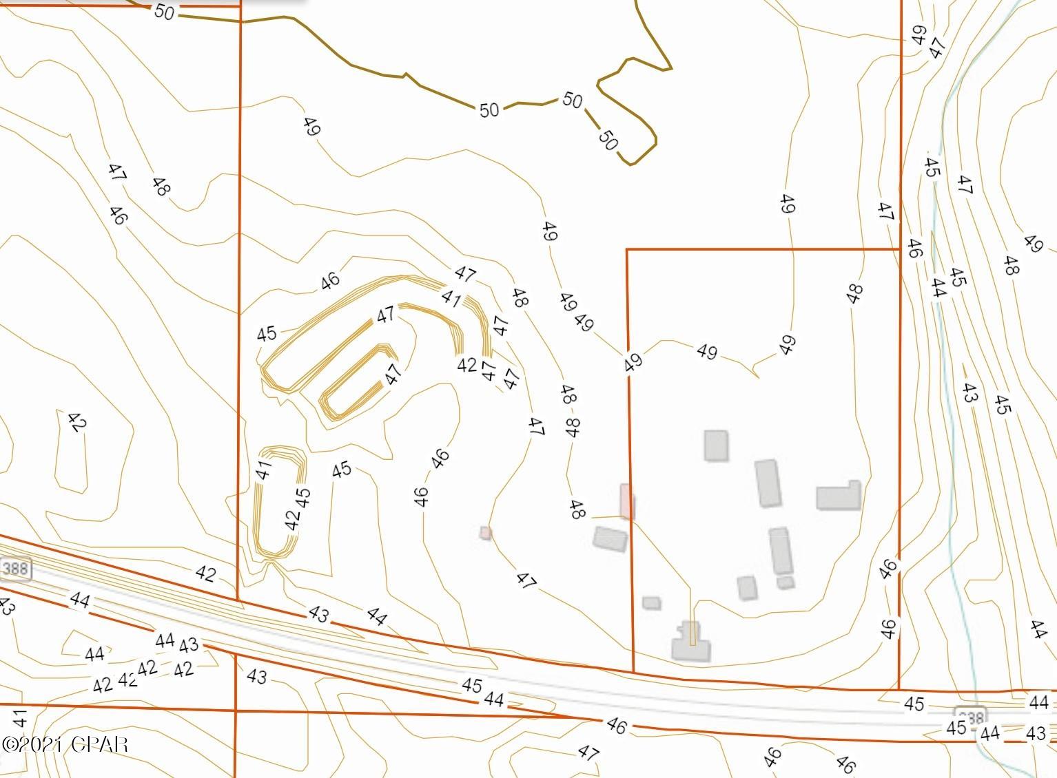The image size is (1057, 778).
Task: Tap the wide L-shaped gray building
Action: (839, 496)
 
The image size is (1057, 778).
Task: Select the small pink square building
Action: (486, 532)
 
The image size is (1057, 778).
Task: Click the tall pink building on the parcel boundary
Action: (626, 501)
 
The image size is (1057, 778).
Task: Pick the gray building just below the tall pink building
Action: (610, 539)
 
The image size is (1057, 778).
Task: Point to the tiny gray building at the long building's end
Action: (785, 582)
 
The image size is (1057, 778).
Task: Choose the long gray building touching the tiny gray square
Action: (779, 550)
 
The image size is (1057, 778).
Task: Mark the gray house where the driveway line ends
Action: (691, 648)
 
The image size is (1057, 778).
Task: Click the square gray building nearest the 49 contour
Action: (716, 445)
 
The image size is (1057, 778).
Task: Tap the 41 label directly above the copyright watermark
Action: (19, 719)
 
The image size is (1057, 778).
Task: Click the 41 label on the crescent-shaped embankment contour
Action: (451, 298)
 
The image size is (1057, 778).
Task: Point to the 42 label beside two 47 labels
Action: (466, 364)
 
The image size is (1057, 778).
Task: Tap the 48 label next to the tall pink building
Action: (577, 509)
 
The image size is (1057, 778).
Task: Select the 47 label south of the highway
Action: (588, 753)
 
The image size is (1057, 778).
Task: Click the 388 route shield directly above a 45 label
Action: (970, 714)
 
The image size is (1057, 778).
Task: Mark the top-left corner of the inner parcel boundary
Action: (627, 250)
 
